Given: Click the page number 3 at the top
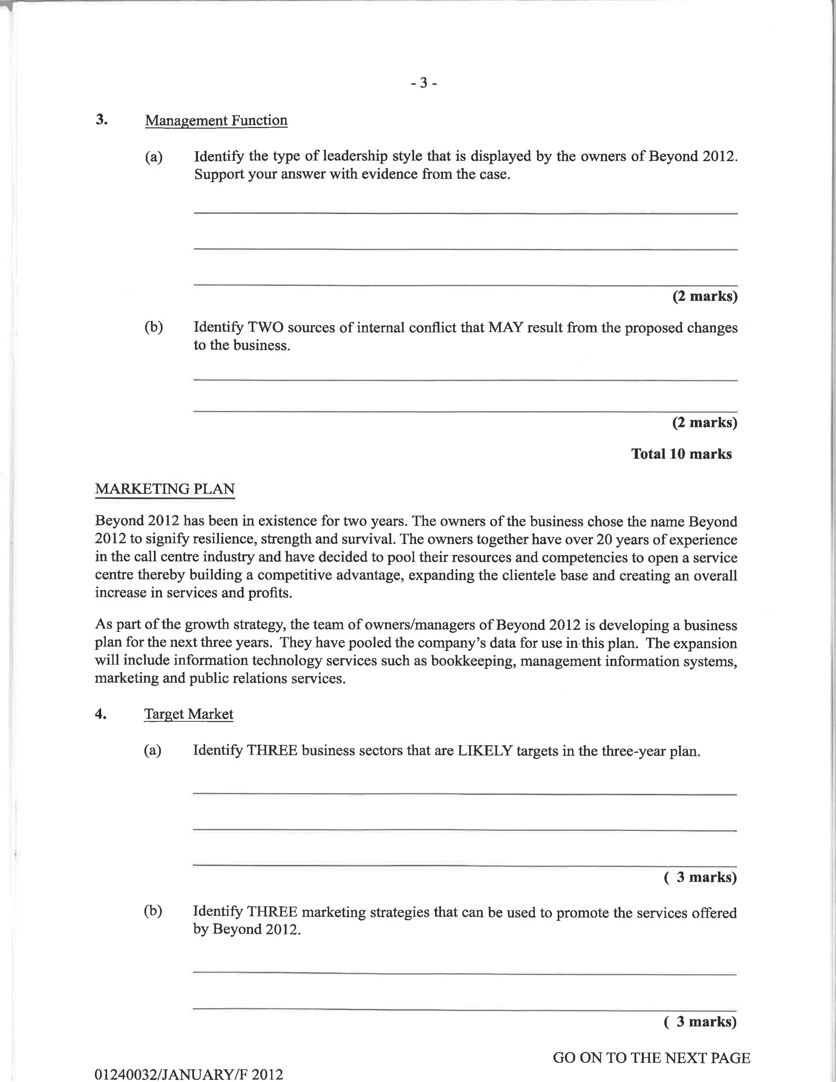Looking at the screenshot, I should coord(423,83).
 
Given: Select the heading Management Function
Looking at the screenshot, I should coord(216,120).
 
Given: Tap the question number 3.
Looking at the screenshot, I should coord(102,119).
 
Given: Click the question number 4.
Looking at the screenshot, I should coord(100,714).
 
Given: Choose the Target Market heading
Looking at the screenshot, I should coord(188,714).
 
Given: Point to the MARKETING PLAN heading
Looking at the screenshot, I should coord(165,489).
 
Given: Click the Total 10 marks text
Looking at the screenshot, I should coord(681,454).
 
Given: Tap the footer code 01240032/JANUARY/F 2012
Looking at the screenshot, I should coord(189,1074).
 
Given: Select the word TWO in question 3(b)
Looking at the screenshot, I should coord(265,327).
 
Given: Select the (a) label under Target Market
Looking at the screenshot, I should coord(153,750).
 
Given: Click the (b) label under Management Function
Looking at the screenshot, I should coord(153,327).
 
